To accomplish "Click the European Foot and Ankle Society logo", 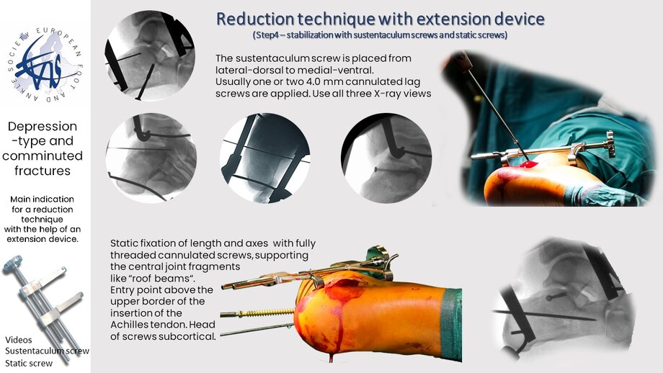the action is pos(45,65).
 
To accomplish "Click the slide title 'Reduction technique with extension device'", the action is pos(380,19).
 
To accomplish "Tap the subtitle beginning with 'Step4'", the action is pos(380,35).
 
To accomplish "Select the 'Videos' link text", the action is pos(19,340).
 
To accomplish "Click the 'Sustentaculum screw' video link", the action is pos(47,351).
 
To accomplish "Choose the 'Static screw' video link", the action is pos(29,364).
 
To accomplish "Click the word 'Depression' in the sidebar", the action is pos(43,126).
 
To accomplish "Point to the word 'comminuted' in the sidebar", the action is pos(43,156).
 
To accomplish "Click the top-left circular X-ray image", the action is pos(150,55).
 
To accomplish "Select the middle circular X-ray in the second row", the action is pos(265,158).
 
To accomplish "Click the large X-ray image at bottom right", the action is pos(565,299).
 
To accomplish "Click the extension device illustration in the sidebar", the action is pos(43,304).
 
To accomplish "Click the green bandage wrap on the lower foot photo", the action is pos(450,325).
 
